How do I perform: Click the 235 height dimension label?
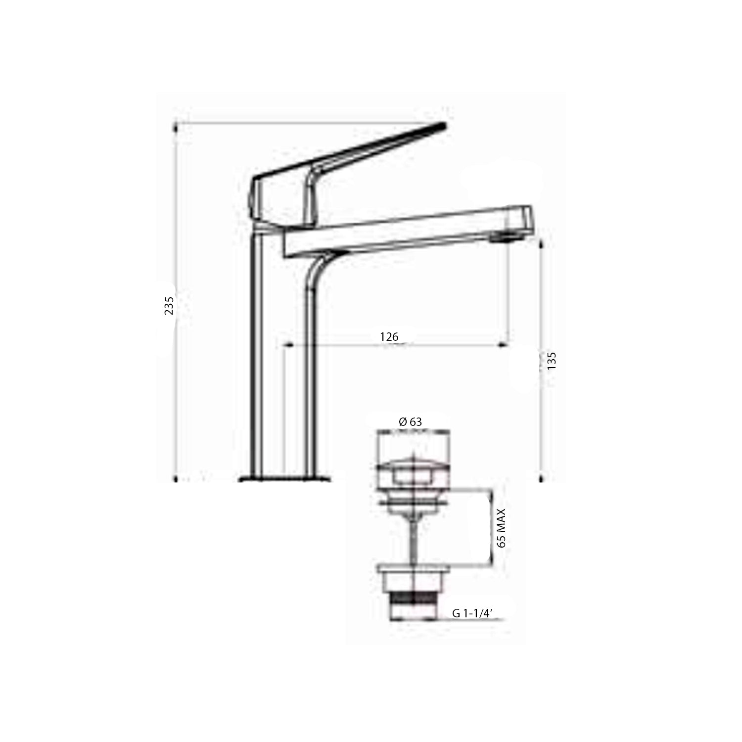pos(169,306)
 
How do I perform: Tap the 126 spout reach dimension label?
pos(389,337)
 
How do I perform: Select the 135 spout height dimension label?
pos(552,361)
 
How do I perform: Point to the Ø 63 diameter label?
pos(410,421)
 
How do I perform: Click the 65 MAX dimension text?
pos(502,527)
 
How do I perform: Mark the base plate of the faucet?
pos(284,479)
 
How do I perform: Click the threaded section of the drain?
pos(413,599)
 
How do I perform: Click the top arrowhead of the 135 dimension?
pos(541,242)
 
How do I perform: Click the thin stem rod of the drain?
pos(413,539)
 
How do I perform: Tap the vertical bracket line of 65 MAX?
pos(492,527)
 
